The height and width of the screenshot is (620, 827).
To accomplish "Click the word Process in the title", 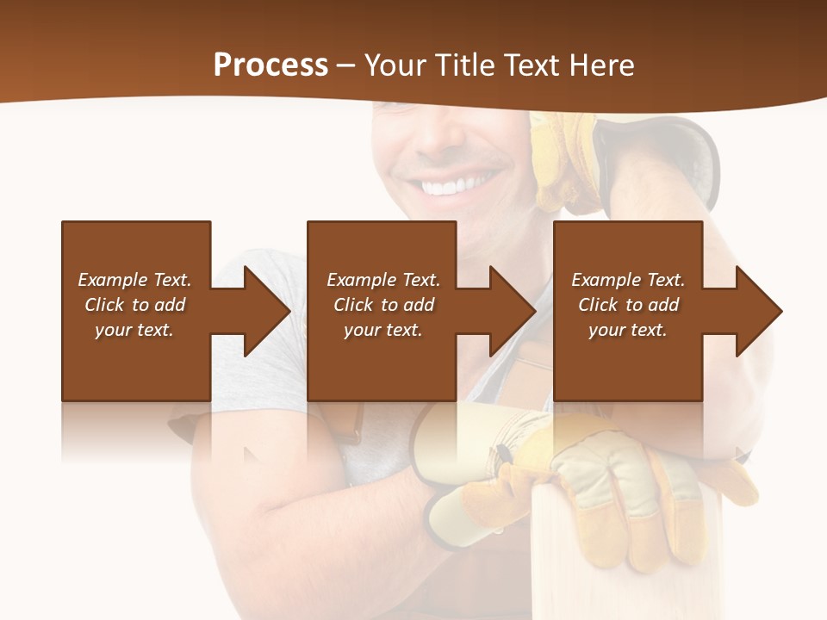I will [x=270, y=65].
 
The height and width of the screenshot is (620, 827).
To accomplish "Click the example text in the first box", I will [x=134, y=305].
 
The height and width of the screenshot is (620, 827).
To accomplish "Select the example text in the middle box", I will [x=382, y=305].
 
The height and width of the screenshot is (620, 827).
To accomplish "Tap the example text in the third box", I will [x=628, y=305].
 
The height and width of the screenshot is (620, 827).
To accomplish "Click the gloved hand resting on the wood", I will [x=603, y=482].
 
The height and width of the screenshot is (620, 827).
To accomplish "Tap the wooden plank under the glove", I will [x=569, y=560].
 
